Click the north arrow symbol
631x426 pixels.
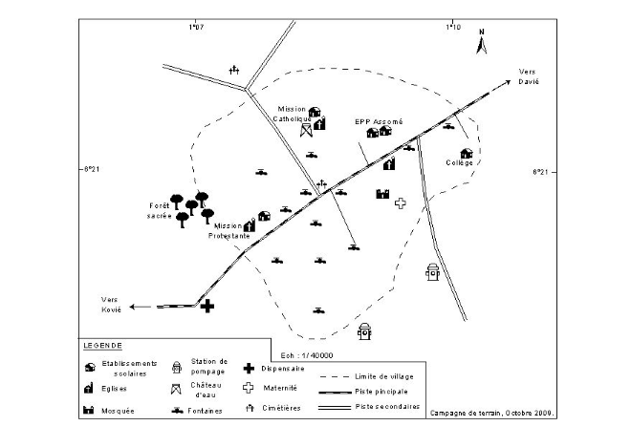(x=482, y=42)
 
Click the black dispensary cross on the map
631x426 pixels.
(x=207, y=305)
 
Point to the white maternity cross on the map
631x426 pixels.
(x=401, y=202)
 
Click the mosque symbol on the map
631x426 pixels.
(x=382, y=193)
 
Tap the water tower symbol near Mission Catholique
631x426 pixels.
(x=306, y=130)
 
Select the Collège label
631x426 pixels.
(x=460, y=163)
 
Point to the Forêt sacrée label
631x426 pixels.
(x=159, y=212)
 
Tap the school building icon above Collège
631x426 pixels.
(x=467, y=153)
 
